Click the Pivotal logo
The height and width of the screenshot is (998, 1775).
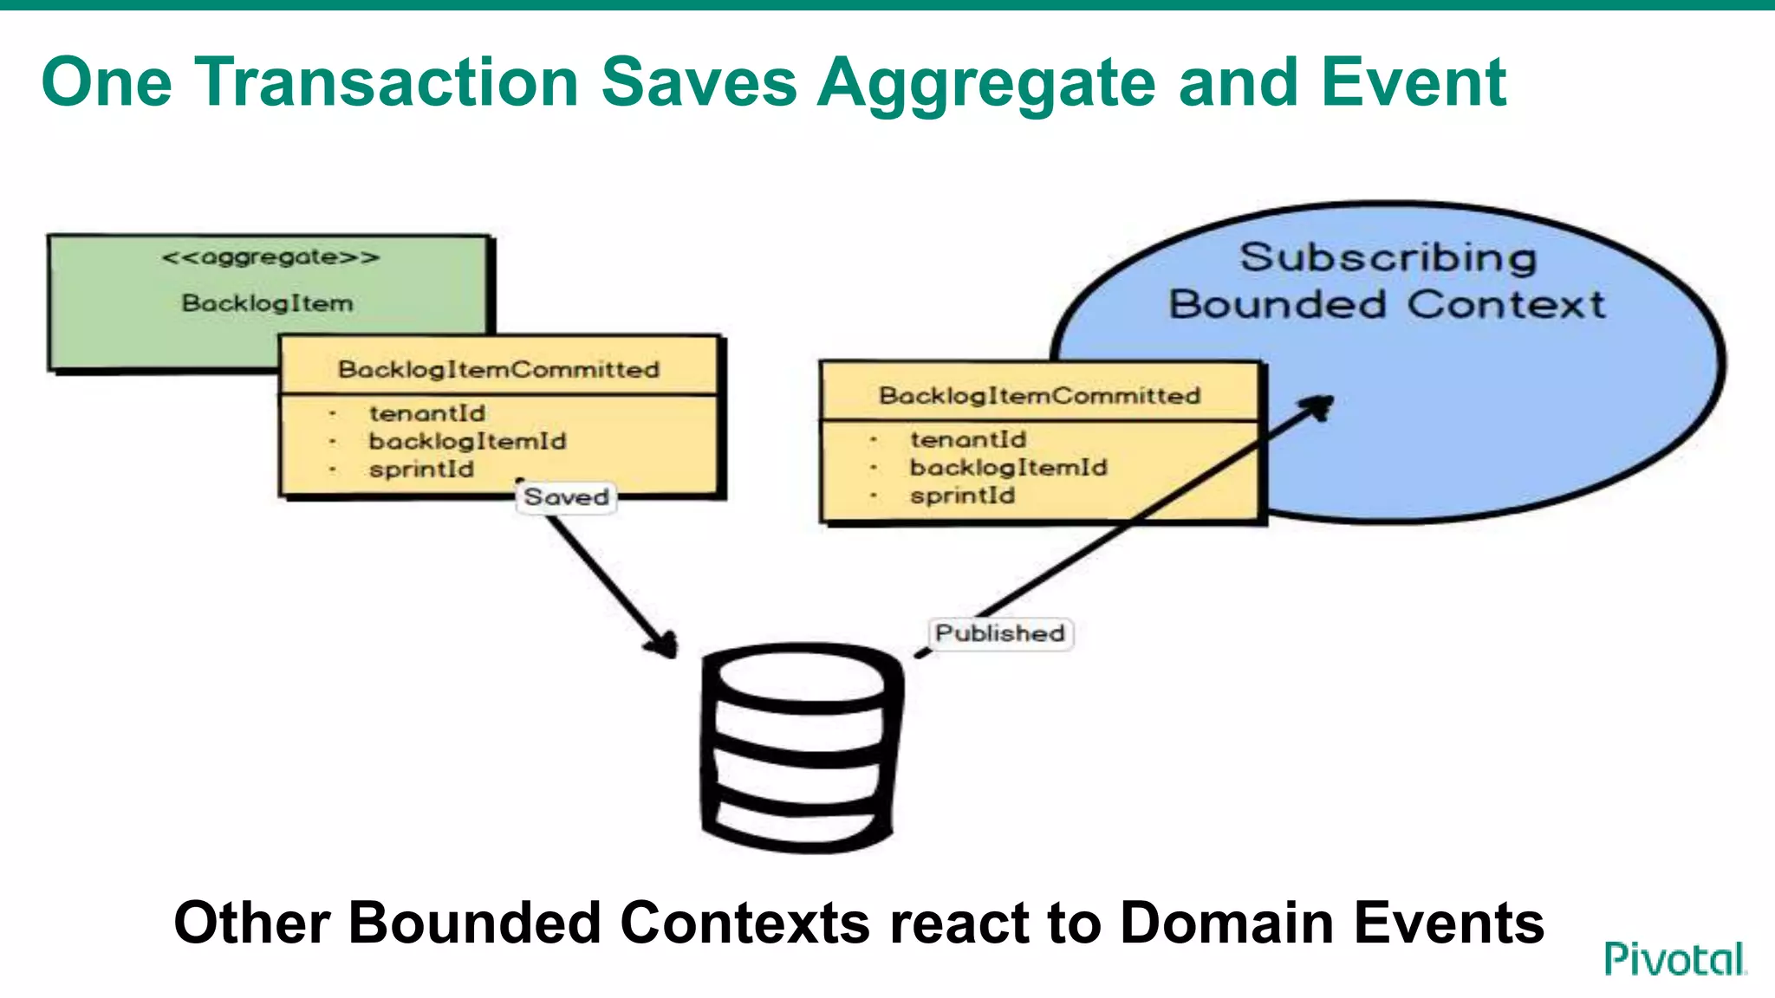(1674, 959)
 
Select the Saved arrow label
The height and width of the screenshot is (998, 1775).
(566, 497)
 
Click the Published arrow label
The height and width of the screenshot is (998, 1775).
(1000, 633)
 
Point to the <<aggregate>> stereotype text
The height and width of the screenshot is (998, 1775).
(270, 257)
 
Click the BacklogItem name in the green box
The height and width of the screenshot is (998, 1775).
(267, 303)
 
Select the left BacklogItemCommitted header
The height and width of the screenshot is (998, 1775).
(498, 369)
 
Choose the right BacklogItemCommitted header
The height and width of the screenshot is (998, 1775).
(1039, 395)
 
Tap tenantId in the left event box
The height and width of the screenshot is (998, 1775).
(426, 413)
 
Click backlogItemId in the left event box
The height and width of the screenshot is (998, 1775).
(467, 441)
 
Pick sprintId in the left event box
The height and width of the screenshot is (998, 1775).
(421, 470)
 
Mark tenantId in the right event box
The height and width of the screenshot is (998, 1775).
(967, 439)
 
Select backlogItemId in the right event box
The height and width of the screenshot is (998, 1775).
(1008, 468)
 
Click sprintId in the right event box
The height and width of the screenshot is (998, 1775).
(962, 496)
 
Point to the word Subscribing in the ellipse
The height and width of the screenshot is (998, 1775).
(1388, 257)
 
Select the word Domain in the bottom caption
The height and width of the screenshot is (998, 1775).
(1226, 922)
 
